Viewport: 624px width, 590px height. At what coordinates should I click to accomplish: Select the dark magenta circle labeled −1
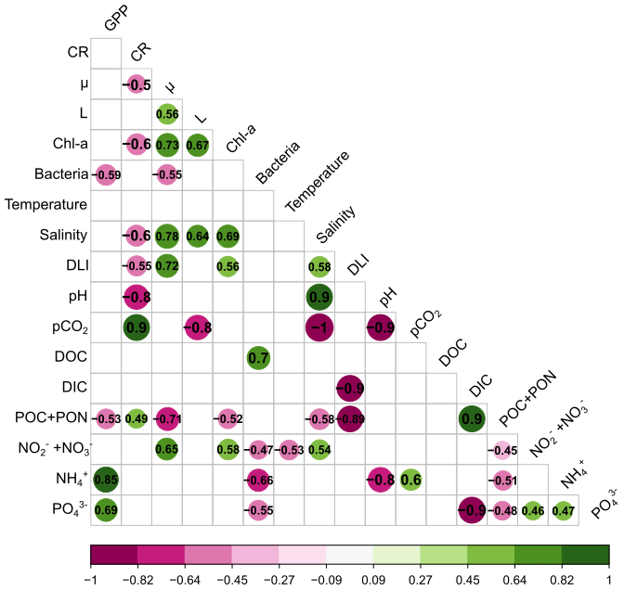point(319,327)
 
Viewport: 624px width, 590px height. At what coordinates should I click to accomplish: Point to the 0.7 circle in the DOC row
point(259,357)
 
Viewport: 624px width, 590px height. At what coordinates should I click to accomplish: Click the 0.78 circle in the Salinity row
point(167,235)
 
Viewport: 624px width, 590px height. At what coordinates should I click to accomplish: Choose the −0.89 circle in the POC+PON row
point(350,418)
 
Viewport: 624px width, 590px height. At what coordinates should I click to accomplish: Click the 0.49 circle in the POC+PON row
point(136,418)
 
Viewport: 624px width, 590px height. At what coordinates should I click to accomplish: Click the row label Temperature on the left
point(46,204)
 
